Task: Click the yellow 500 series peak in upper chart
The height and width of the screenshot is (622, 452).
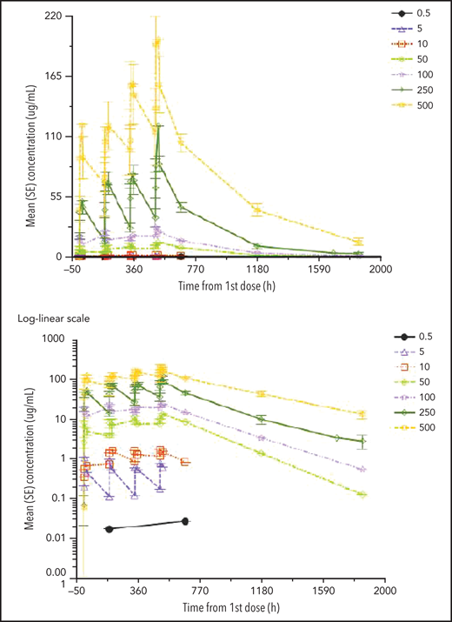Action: pos(156,42)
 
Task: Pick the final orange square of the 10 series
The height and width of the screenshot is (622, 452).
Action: pos(185,462)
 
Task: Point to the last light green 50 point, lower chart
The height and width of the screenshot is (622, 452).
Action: pos(362,494)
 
